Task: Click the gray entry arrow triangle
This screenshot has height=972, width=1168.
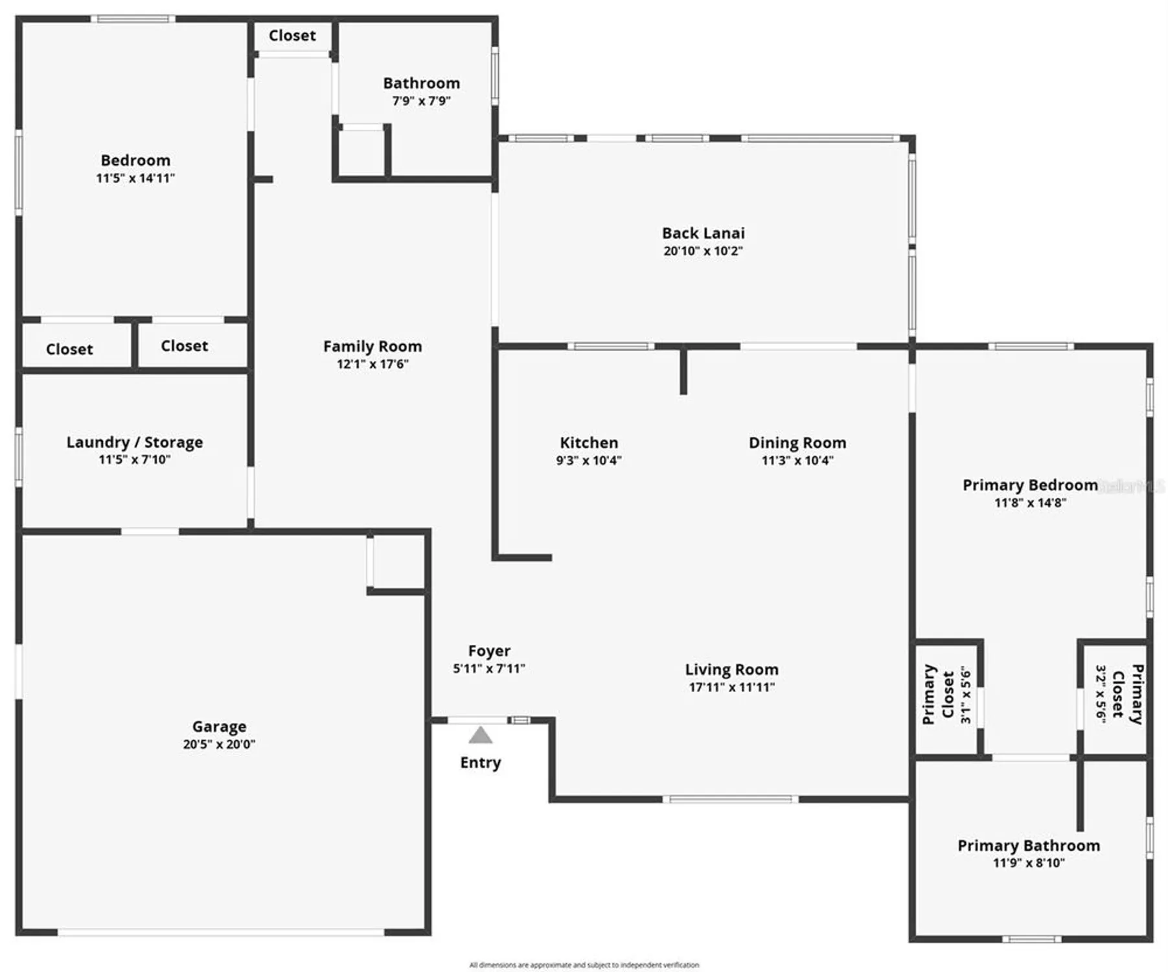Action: click(x=480, y=735)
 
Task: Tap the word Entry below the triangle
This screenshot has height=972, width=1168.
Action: click(x=480, y=763)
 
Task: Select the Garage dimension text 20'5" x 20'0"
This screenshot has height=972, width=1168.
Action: click(x=219, y=745)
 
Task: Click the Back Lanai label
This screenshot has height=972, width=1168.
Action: click(x=703, y=233)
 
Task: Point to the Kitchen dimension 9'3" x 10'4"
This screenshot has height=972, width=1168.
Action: click(x=588, y=461)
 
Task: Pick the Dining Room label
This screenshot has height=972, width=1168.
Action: click(x=797, y=443)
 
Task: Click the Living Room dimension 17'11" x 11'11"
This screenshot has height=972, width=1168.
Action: click(x=731, y=688)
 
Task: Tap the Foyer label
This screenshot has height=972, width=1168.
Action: click(x=489, y=651)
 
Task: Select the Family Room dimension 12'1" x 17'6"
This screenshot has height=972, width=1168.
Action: click(x=372, y=364)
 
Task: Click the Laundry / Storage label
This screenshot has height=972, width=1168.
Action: click(x=135, y=442)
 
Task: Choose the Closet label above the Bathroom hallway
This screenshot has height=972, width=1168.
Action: click(x=292, y=36)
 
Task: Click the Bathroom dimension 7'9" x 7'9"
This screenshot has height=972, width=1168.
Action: click(x=421, y=101)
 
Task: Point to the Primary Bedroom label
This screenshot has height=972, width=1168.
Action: click(x=1029, y=485)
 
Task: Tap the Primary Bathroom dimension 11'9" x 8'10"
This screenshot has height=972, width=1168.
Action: click(x=1029, y=863)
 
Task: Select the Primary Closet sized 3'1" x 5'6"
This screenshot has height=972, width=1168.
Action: click(x=947, y=695)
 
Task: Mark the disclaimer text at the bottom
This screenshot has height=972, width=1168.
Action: click(x=584, y=965)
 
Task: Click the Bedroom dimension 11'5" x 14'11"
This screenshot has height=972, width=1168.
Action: click(x=135, y=178)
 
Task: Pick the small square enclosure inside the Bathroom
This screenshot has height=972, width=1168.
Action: click(x=361, y=152)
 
